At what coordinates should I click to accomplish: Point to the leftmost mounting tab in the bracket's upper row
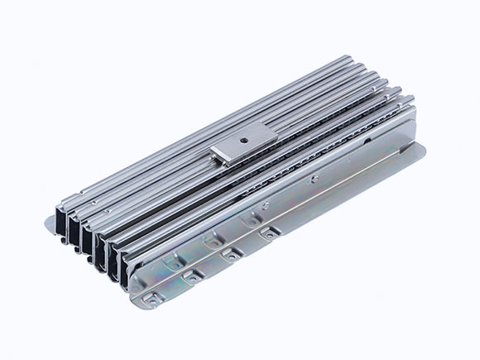175,261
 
